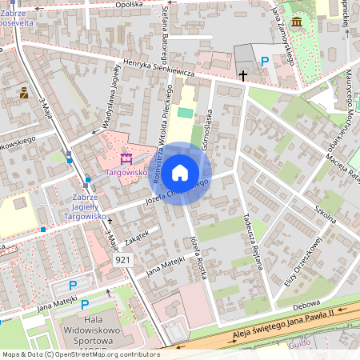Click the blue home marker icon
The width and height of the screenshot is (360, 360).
point(180,173)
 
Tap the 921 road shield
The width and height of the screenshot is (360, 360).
point(123,260)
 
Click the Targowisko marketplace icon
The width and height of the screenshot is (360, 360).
point(125,159)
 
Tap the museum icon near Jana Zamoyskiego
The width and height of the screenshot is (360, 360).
point(297,21)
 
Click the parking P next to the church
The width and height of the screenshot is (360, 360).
point(265,61)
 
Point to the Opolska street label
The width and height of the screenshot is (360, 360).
point(129,5)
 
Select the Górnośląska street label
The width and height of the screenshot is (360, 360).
point(206,127)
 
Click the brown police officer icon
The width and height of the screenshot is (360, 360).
point(24,93)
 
